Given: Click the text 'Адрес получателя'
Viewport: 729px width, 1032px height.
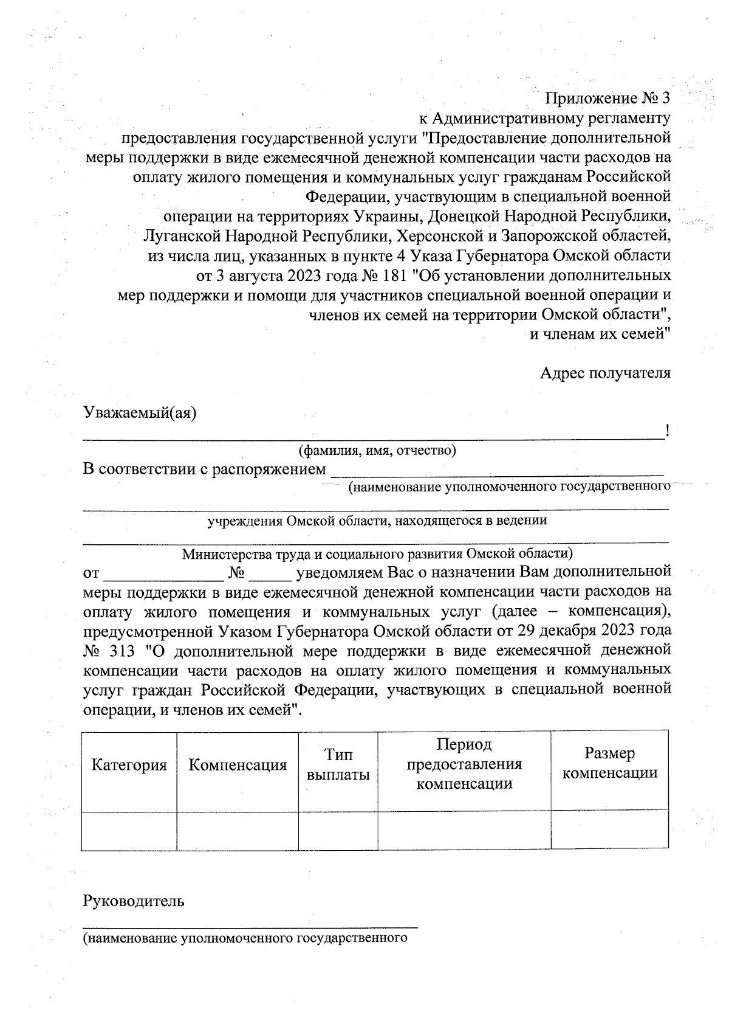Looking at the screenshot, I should coord(605,373).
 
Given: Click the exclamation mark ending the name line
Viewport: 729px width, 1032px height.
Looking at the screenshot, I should coord(667,432).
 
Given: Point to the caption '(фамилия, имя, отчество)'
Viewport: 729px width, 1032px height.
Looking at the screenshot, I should coord(377,451).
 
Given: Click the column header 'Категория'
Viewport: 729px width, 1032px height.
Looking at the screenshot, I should coord(129,764).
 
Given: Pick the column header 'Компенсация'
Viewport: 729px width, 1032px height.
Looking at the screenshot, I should coord(238,764).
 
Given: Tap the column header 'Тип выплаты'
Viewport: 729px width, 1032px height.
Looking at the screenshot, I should coord(338,764).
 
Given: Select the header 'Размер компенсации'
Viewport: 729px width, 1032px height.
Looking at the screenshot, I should coord(609,763).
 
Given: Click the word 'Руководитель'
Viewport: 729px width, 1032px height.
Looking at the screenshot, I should coord(134,901).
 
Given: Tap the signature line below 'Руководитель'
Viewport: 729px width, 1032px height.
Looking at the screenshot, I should coord(250,926).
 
